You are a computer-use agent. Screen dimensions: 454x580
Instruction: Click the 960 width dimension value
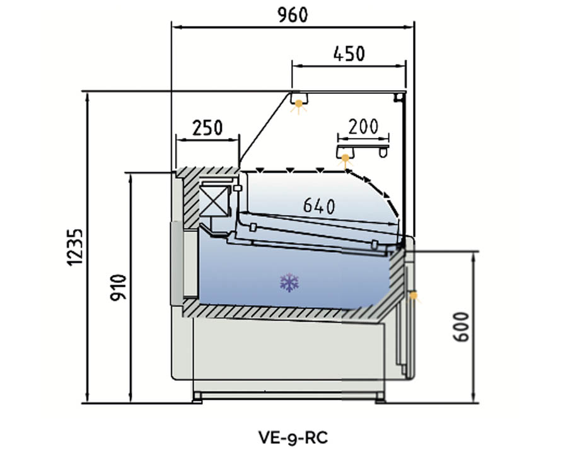[x=293, y=15]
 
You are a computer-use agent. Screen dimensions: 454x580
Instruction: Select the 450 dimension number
[x=349, y=54]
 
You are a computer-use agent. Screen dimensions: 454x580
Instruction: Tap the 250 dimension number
[x=207, y=128]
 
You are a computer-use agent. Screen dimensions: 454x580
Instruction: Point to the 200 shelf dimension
[x=363, y=127]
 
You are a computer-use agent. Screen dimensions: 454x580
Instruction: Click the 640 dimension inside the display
[x=319, y=206]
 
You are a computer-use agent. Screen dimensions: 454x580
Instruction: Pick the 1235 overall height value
[x=75, y=247]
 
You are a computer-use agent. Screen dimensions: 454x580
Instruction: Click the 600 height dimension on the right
[x=462, y=327]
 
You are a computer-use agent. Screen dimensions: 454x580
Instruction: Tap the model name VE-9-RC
[x=293, y=436]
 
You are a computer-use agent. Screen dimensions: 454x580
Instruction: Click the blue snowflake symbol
[x=289, y=282]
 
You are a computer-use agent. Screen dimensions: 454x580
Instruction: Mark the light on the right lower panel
[x=414, y=295]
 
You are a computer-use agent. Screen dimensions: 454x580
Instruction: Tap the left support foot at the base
[x=197, y=397]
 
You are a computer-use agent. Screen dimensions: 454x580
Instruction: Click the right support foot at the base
[x=380, y=397]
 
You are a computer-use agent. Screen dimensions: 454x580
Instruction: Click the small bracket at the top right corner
[x=398, y=96]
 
